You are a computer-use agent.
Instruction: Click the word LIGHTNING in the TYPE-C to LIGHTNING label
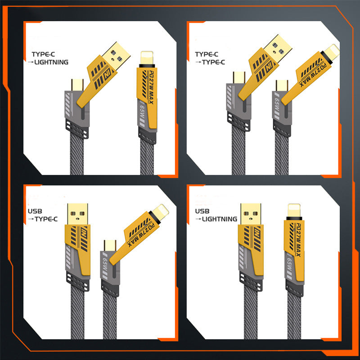[x=51, y=62]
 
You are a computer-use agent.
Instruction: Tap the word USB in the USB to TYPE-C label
[x=35, y=211]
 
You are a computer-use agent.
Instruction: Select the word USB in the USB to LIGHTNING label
[x=202, y=211]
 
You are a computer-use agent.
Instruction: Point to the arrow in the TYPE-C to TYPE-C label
[x=198, y=62]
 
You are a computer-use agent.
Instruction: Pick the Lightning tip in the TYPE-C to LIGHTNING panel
[x=147, y=58]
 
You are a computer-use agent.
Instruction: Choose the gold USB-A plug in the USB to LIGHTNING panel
[x=251, y=214]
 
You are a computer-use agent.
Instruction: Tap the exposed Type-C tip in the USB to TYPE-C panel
[x=110, y=246]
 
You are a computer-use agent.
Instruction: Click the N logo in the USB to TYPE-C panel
[x=84, y=231]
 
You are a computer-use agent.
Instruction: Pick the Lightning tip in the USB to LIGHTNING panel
[x=294, y=210]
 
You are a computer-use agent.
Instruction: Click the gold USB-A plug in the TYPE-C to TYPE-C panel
[x=278, y=46]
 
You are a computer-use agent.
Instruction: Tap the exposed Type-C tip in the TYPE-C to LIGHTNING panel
[x=77, y=85]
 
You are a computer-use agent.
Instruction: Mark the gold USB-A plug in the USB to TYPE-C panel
[x=77, y=214]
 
